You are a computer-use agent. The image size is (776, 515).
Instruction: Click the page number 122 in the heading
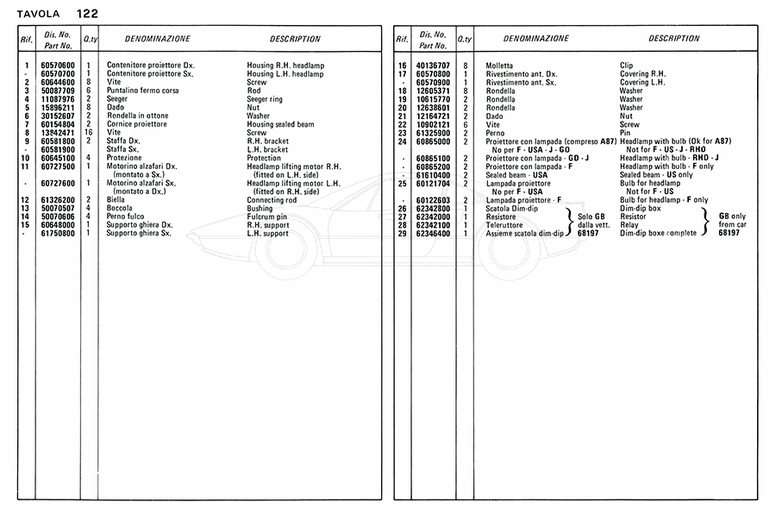[x=86, y=14]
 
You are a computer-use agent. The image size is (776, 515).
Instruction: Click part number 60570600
[x=59, y=66]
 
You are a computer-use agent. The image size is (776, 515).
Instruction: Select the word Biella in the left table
[x=116, y=200]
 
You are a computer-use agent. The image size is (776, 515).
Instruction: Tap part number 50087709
[x=59, y=91]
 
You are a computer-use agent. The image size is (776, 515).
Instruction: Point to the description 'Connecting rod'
[x=272, y=200]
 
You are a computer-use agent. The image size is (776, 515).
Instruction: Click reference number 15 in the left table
[x=27, y=225]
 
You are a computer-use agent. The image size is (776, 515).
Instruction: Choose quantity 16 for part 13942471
[x=89, y=133]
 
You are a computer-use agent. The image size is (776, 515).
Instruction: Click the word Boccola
[x=119, y=209]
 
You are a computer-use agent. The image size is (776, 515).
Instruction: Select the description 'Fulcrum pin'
[x=266, y=217]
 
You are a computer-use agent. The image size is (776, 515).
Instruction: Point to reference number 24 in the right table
[x=403, y=141]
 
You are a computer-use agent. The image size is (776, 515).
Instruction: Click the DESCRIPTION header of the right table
[x=673, y=39]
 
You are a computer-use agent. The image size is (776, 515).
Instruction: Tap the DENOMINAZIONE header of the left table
[x=157, y=39]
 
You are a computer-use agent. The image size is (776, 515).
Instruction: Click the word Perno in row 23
[x=496, y=133]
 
